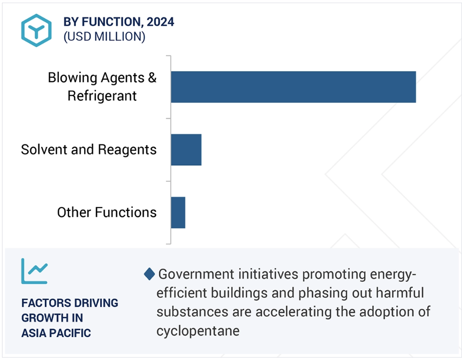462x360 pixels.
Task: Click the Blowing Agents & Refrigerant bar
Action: [x=294, y=87]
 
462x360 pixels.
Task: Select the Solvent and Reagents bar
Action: [x=186, y=150]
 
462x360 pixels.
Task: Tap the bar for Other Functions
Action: [x=178, y=212]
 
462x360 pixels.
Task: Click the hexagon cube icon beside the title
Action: [x=36, y=30]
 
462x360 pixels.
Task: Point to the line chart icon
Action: [x=35, y=271]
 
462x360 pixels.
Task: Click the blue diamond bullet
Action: [x=149, y=274]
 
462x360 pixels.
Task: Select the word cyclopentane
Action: [x=198, y=331]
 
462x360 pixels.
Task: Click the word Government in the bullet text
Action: [x=196, y=274]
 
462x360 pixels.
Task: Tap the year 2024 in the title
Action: [x=160, y=22]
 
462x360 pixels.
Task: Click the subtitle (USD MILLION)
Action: [x=104, y=37]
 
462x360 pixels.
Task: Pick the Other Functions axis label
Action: [x=107, y=212]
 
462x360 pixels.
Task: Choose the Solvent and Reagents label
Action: [x=89, y=150]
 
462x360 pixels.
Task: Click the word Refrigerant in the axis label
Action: [x=102, y=96]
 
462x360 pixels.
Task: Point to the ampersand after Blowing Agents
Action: [x=152, y=77]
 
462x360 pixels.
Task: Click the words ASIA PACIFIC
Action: [x=56, y=333]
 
